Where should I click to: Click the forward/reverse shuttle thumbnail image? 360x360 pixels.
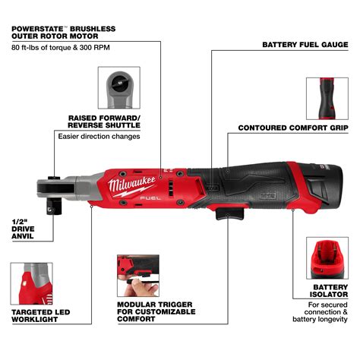click(x=119, y=87)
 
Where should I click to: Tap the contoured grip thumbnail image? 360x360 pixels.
click(x=327, y=96)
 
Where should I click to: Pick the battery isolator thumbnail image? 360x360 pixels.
click(x=327, y=259)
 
